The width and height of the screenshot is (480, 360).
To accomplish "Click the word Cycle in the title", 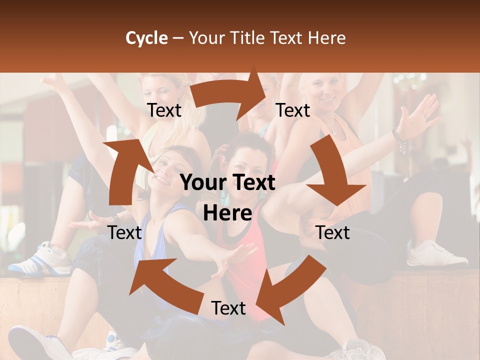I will [146, 38].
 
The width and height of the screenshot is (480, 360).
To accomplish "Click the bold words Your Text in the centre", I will [227, 183].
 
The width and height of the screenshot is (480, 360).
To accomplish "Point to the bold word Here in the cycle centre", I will [227, 213].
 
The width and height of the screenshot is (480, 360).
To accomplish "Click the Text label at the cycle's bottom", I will [228, 308].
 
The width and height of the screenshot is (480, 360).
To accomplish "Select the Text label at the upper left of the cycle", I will [164, 110].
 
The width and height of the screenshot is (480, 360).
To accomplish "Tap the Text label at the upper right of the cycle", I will [293, 110].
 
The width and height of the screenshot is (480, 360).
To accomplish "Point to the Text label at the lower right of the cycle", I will [333, 232].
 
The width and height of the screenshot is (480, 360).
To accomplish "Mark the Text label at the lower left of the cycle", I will [124, 232].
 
